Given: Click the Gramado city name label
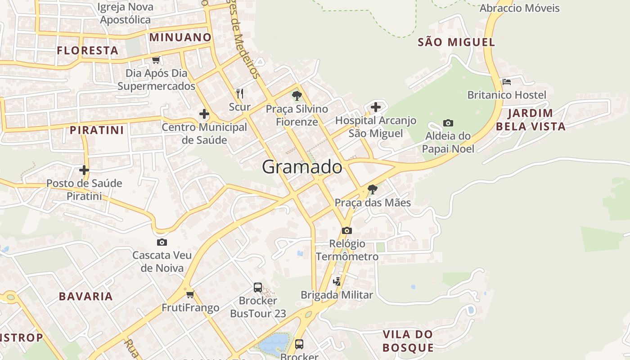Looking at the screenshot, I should [302, 167].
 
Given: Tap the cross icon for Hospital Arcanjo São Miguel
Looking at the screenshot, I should [375, 107].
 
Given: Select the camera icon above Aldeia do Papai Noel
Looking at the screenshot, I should [448, 123].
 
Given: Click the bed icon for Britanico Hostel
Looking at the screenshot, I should [507, 82].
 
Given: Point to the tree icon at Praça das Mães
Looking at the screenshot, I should [372, 189].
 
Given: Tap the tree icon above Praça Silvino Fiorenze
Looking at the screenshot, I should [297, 95].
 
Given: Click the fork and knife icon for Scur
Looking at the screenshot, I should [239, 94].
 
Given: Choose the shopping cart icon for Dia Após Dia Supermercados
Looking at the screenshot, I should [156, 60].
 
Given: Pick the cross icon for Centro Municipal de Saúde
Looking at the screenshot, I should [204, 114].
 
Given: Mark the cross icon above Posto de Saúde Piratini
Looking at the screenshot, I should [84, 170].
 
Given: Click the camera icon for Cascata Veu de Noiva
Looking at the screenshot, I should [162, 243].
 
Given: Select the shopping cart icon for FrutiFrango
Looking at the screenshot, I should [190, 295].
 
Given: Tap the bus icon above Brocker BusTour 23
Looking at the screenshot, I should [258, 287].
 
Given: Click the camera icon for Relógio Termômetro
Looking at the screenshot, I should [346, 230].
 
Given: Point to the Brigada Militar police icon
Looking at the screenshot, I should [337, 282].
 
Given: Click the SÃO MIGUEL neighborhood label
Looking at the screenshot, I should [456, 42].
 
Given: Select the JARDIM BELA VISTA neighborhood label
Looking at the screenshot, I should [531, 120].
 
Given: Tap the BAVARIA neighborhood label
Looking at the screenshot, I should [86, 296].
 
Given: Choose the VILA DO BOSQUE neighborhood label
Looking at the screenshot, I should [408, 341].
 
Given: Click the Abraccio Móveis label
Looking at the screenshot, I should [519, 8].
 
